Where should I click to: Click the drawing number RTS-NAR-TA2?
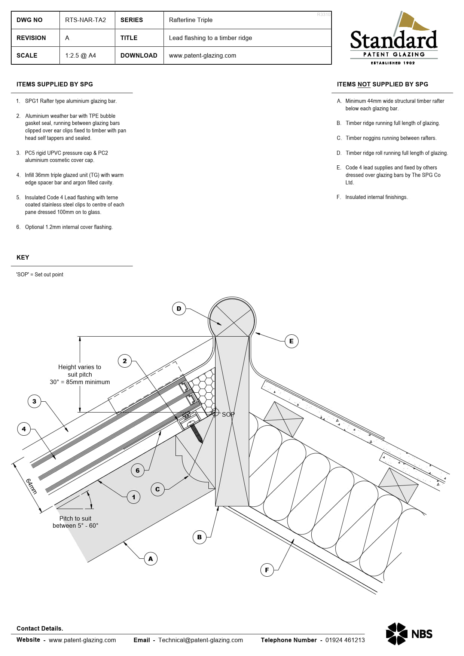pyautogui.click(x=85, y=20)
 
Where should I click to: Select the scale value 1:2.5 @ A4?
pyautogui.click(x=80, y=55)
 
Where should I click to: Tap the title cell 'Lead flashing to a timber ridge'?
pyautogui.click(x=210, y=38)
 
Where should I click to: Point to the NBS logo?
pyautogui.click(x=409, y=634)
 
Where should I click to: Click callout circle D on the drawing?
pyautogui.click(x=179, y=309)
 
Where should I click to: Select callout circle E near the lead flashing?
pyautogui.click(x=291, y=341)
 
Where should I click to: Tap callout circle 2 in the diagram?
pyautogui.click(x=125, y=361)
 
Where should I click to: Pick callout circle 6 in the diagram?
pyautogui.click(x=137, y=470)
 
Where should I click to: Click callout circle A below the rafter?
pyautogui.click(x=150, y=559)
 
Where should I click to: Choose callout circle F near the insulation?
pyautogui.click(x=267, y=570)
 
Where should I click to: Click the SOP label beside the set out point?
pyautogui.click(x=228, y=414)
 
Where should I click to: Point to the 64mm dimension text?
pyautogui.click(x=31, y=486)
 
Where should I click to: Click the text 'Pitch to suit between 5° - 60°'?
pyautogui.click(x=75, y=522)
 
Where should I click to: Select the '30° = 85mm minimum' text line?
pyautogui.click(x=80, y=382)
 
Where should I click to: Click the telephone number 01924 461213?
pyautogui.click(x=345, y=640)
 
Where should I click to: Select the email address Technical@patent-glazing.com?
pyautogui.click(x=200, y=640)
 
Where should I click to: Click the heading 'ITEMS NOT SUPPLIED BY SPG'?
pyautogui.click(x=382, y=84)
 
